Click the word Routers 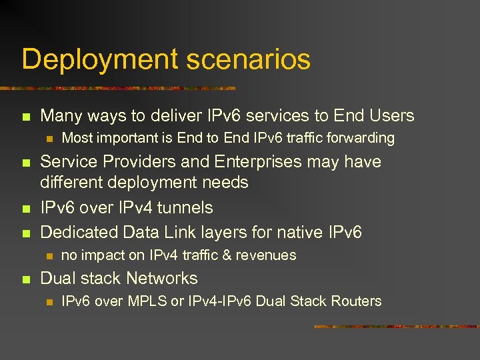point(357,301)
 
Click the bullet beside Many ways point(26,117)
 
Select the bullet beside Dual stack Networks point(26,279)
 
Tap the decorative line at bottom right point(396,327)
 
